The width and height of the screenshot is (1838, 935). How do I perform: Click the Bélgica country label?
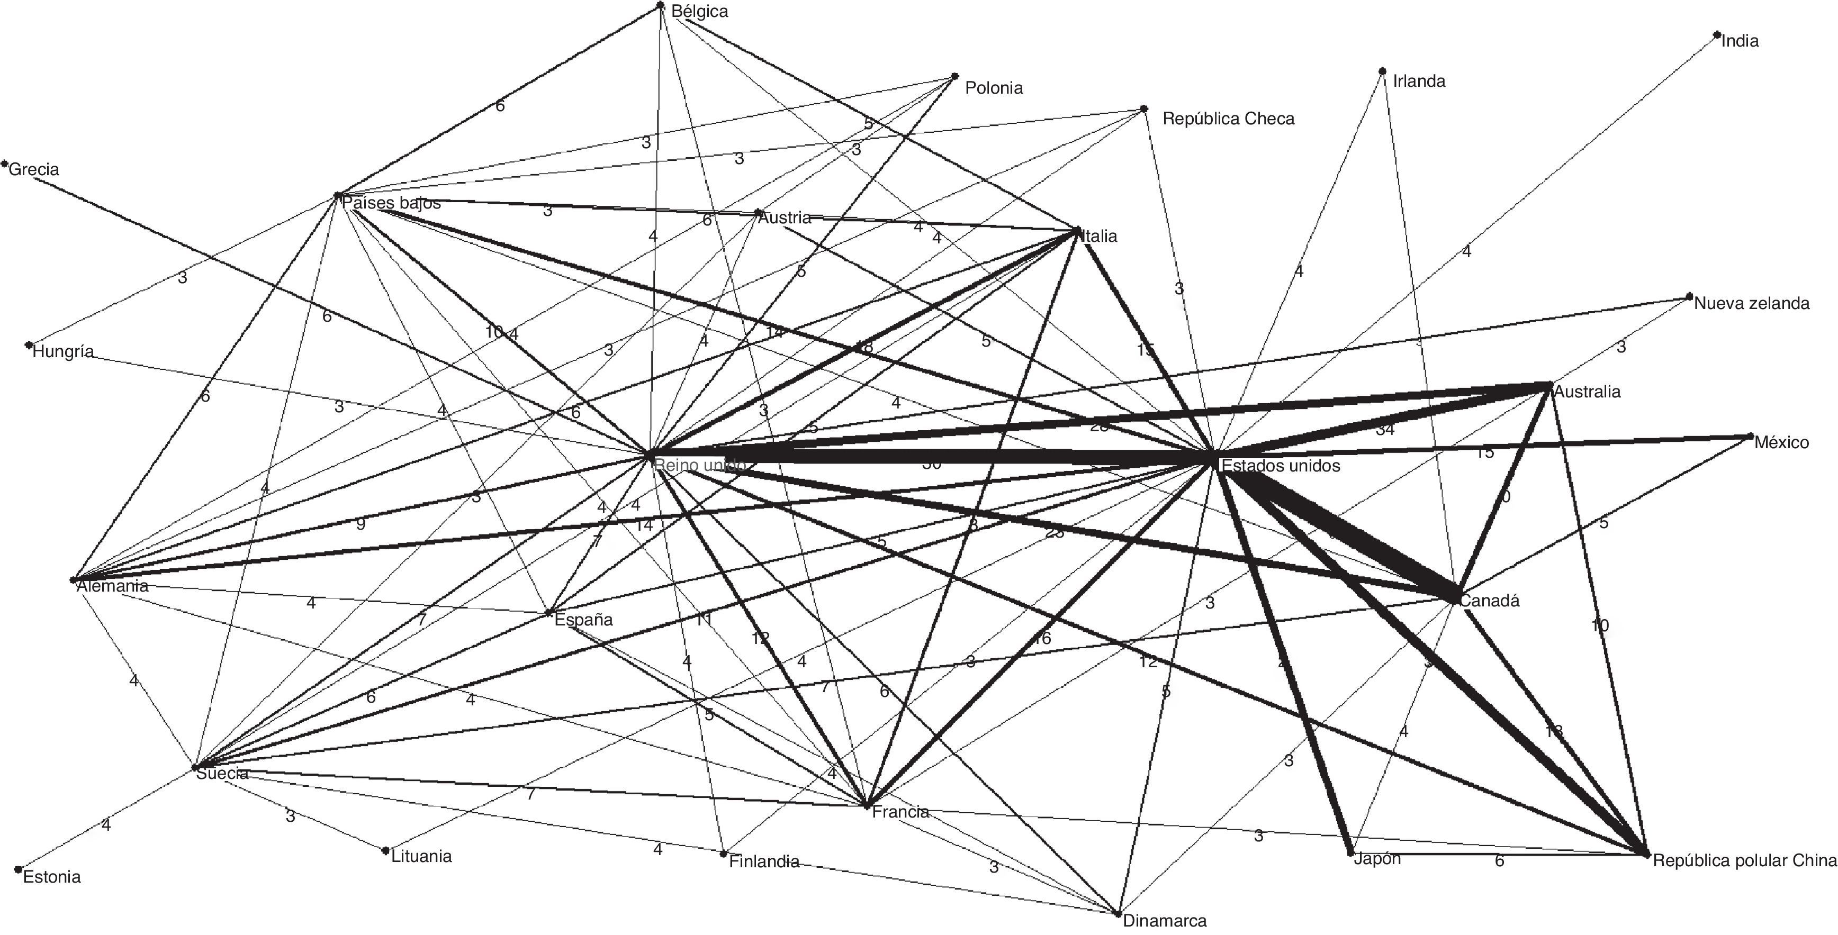699,12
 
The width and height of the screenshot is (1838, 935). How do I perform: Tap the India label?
1740,41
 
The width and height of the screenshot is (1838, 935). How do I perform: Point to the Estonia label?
51,876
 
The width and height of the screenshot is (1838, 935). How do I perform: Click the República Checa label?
1228,119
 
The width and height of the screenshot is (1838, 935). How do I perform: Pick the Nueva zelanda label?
1751,303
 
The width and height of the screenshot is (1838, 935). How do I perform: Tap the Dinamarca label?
1165,921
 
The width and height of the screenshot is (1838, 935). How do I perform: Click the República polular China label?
1744,861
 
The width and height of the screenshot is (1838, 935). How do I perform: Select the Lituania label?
421,856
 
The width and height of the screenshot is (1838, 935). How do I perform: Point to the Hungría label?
63,351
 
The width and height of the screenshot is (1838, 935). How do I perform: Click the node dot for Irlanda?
1382,71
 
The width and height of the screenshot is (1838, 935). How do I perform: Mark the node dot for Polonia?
956,76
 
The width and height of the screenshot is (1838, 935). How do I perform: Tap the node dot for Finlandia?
724,853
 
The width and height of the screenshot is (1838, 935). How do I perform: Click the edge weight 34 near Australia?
1384,429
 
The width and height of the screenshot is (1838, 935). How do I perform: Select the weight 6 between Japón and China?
1499,861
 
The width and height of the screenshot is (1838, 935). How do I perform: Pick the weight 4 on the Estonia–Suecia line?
105,825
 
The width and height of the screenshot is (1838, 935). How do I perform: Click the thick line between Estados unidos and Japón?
1284,663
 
